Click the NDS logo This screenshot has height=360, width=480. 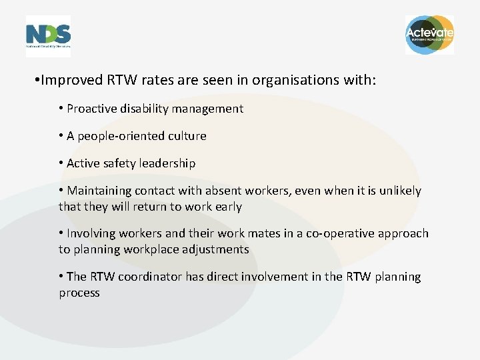pyautogui.click(x=48, y=35)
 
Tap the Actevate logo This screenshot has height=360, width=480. pyautogui.click(x=430, y=34)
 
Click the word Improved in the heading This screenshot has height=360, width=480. pyautogui.click(x=71, y=81)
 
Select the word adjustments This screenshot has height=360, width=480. pyautogui.click(x=213, y=249)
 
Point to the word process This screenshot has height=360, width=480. pyautogui.click(x=79, y=293)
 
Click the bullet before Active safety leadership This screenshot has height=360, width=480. pyautogui.click(x=61, y=163)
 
